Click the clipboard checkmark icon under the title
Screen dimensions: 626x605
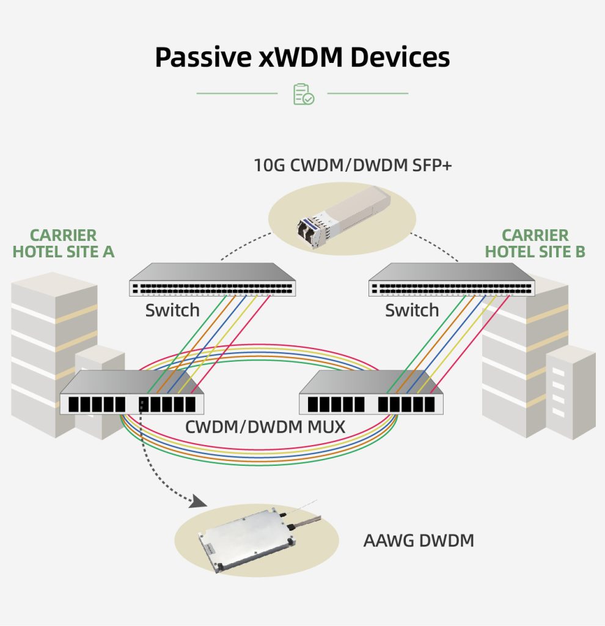(303, 94)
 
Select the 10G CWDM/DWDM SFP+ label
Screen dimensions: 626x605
(353, 165)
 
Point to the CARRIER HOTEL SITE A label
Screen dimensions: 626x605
(64, 243)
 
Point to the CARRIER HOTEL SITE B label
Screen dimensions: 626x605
(535, 243)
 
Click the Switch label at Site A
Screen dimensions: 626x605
(172, 311)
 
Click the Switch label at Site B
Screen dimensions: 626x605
(412, 311)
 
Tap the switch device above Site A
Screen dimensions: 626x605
(212, 281)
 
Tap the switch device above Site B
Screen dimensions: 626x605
(452, 281)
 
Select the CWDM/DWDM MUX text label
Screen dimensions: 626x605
(265, 426)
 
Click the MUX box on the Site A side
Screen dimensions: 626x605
(131, 394)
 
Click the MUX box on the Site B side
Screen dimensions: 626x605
(371, 394)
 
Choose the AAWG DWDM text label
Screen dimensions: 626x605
(419, 541)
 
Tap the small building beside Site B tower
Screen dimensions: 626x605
(571, 391)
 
